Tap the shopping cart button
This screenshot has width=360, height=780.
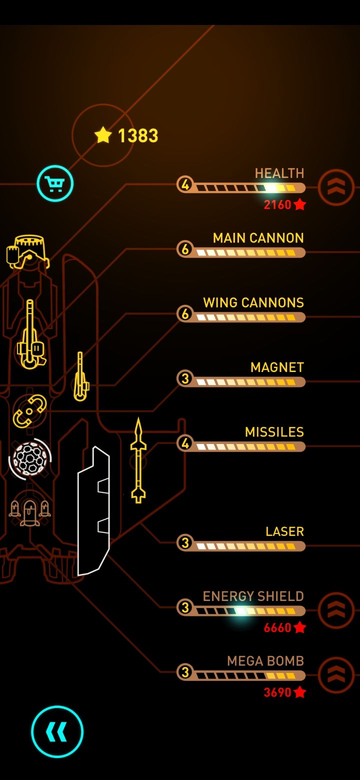(x=55, y=183)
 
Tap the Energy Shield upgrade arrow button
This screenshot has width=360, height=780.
(x=336, y=610)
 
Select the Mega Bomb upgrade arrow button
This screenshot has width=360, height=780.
(x=336, y=675)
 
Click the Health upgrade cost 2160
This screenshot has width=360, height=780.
(x=284, y=204)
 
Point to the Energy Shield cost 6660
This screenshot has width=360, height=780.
(x=284, y=627)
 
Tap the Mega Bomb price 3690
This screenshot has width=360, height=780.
(x=284, y=692)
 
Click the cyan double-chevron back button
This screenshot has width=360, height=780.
(x=57, y=731)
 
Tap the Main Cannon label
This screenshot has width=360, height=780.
(x=258, y=238)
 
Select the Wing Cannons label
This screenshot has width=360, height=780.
(x=253, y=302)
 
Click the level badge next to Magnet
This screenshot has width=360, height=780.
(x=185, y=378)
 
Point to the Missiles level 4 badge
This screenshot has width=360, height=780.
(x=185, y=443)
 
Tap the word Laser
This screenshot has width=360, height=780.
(x=284, y=531)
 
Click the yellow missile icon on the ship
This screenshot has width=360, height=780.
(x=138, y=460)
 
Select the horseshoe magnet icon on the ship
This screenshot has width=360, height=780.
(x=29, y=411)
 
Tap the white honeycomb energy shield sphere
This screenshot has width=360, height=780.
(x=30, y=459)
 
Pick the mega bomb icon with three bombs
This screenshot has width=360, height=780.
(x=30, y=511)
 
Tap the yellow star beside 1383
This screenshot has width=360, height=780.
(x=103, y=135)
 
